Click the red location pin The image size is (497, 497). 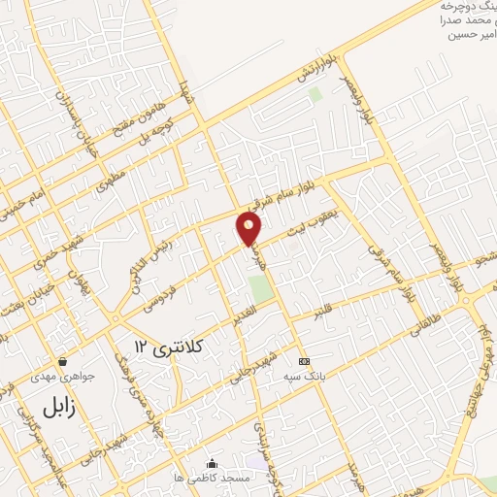249,228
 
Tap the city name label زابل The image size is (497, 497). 58,405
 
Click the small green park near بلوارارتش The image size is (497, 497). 315,96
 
